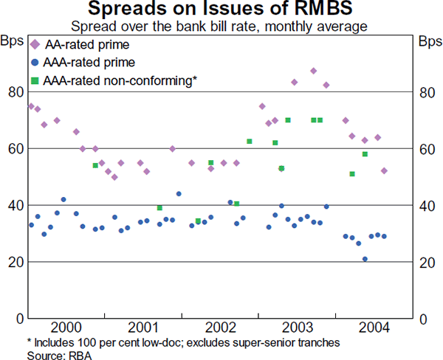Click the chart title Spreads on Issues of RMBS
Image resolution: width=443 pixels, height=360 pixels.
(x=221, y=10)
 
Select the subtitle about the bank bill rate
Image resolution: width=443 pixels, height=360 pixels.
(x=221, y=26)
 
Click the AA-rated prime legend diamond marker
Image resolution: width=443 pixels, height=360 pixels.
(x=35, y=45)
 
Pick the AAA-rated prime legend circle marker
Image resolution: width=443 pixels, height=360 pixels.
(x=35, y=63)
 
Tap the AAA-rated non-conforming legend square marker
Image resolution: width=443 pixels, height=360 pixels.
(x=35, y=80)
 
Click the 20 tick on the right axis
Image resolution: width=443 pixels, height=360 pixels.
(x=426, y=262)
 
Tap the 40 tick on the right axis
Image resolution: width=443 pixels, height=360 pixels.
(x=426, y=206)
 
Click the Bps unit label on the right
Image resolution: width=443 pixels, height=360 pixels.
(x=428, y=40)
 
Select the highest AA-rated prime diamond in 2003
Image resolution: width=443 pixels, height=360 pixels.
(x=314, y=71)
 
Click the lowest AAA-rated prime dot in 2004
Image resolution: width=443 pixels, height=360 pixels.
(x=365, y=259)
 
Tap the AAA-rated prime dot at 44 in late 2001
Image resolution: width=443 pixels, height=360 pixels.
(x=179, y=194)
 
